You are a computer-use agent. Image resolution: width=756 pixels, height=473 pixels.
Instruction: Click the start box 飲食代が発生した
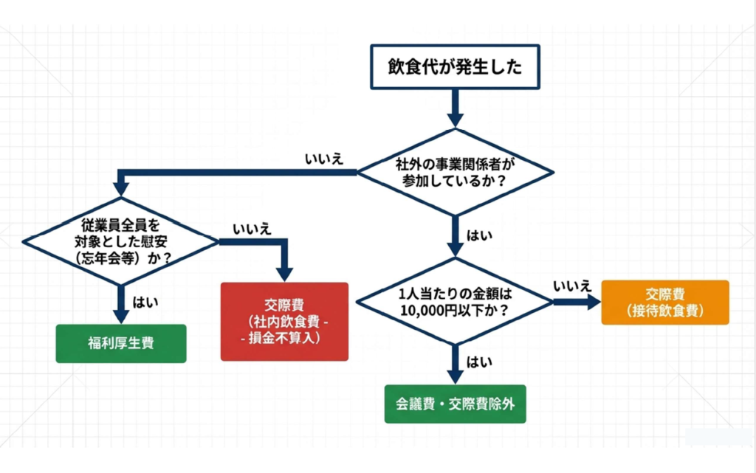tap(455, 68)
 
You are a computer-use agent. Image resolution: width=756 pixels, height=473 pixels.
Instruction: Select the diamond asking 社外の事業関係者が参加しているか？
tap(455, 172)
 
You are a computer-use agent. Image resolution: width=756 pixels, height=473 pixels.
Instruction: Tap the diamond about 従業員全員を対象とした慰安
tap(120, 241)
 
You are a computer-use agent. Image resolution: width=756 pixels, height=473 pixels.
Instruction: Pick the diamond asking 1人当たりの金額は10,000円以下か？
tap(454, 301)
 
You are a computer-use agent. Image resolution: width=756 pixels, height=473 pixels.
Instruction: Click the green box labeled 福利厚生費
tap(121, 343)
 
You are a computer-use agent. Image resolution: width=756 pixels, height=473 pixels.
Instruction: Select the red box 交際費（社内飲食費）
tap(284, 321)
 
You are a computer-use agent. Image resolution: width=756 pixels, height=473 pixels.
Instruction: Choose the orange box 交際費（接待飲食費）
tap(664, 302)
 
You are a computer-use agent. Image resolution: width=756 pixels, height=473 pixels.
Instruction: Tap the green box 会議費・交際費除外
tap(455, 404)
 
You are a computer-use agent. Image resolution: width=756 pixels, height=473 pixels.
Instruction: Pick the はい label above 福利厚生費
tap(143, 301)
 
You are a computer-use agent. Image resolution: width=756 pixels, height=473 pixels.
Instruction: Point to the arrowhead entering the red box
tap(284, 271)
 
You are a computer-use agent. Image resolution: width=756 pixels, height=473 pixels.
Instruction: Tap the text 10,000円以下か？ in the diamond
tap(454, 310)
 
